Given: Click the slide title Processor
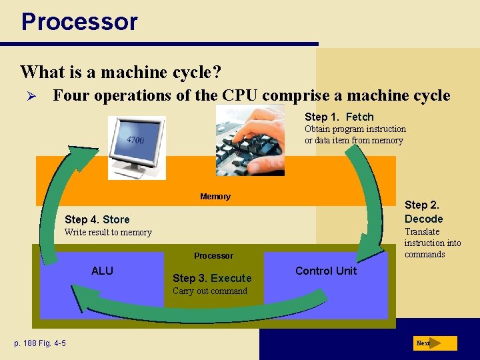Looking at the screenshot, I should [x=79, y=21].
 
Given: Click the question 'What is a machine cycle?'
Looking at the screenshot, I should [x=121, y=71].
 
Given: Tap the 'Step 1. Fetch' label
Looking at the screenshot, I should [x=339, y=117].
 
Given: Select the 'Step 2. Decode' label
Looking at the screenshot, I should [x=423, y=212].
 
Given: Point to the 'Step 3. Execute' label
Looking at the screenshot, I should [x=212, y=278].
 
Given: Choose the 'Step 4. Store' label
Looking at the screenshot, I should [x=97, y=219].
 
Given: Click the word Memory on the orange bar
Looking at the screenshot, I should [x=215, y=197].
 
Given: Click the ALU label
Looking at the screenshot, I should [x=102, y=271].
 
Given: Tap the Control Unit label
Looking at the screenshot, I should [x=325, y=271].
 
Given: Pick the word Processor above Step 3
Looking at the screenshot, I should [x=213, y=255].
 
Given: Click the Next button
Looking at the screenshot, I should [x=434, y=343].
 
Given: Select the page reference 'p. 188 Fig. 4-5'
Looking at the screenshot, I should [x=40, y=343].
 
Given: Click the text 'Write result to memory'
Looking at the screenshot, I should [x=107, y=233].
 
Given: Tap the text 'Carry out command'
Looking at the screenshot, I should [x=209, y=291].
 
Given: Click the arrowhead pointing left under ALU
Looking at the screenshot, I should [x=80, y=297].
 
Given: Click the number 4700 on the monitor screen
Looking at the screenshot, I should [x=136, y=140].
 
